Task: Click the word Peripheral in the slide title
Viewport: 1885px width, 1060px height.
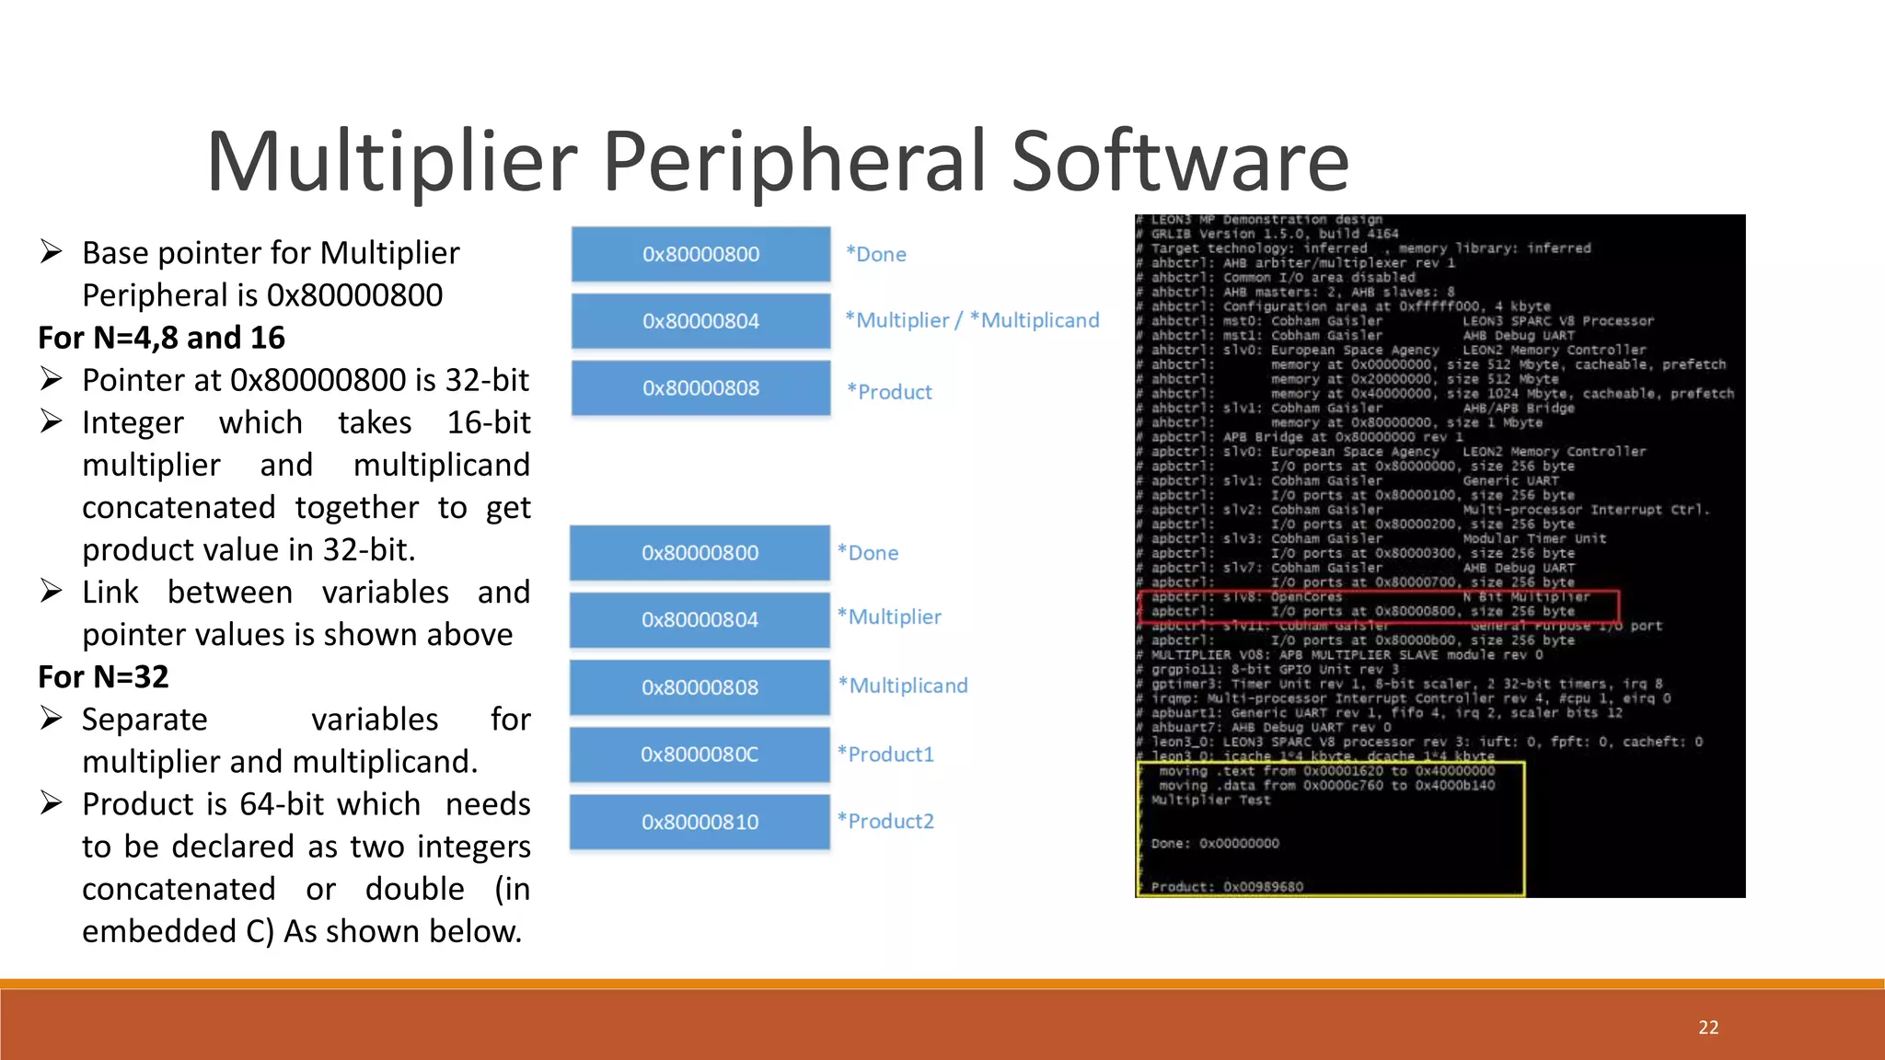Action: (795, 162)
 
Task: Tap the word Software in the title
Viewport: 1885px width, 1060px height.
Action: (1180, 162)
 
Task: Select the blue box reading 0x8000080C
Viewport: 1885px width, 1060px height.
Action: (700, 755)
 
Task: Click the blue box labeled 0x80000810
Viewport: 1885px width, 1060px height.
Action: (700, 822)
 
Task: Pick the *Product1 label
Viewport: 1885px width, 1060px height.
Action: (885, 755)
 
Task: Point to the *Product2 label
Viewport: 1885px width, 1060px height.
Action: (885, 821)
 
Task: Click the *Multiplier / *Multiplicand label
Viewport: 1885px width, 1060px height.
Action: (972, 320)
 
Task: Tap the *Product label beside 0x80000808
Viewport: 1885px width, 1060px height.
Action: (889, 392)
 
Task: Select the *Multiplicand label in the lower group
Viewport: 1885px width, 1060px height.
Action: (903, 686)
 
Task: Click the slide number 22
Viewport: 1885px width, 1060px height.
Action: (1708, 1028)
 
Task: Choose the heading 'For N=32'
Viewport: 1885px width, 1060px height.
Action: (103, 677)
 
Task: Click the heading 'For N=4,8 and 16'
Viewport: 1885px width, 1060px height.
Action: (161, 338)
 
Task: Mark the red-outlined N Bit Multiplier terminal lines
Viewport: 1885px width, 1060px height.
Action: (1378, 605)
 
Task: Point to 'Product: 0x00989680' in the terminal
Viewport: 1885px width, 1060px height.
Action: (1227, 887)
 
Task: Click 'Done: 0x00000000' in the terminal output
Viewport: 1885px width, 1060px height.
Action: (1215, 843)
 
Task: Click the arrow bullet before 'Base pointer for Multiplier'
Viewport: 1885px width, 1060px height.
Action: (52, 252)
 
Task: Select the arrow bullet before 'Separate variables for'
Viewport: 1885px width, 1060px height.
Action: (52, 719)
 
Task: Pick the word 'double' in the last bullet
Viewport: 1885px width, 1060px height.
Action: (414, 889)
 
